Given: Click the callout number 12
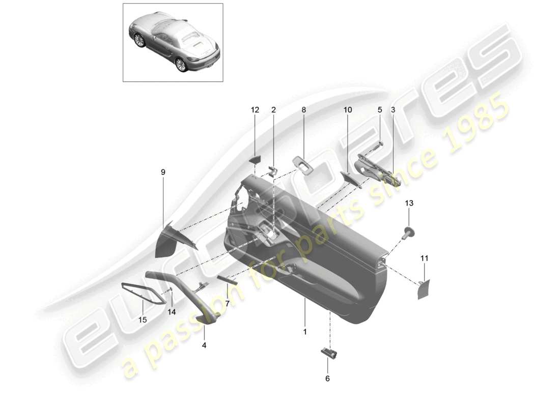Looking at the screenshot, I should coord(255,110).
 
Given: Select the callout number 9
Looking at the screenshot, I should coord(163,172).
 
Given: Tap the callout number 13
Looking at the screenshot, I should coord(409,203).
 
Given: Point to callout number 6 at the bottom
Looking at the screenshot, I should coord(327,379).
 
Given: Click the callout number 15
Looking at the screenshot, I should coord(143,320).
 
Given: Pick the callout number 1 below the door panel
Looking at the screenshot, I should coord(305,332).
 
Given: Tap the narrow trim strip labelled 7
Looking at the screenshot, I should coord(227,279).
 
